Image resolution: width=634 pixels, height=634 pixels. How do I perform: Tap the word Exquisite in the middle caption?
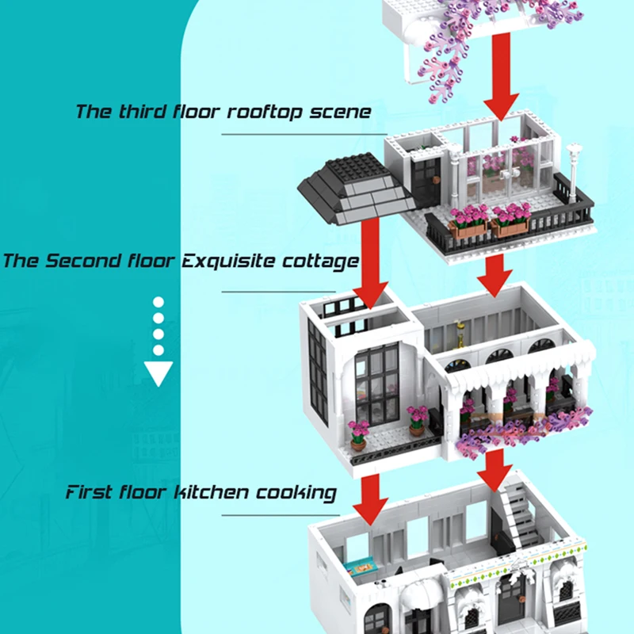tap(231, 261)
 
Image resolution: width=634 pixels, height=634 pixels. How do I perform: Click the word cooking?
tap(296, 492)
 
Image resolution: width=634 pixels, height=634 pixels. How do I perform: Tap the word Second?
tap(84, 261)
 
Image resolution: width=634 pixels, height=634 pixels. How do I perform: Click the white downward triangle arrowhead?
tap(158, 372)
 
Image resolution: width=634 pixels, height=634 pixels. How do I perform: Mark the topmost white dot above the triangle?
tap(158, 302)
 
